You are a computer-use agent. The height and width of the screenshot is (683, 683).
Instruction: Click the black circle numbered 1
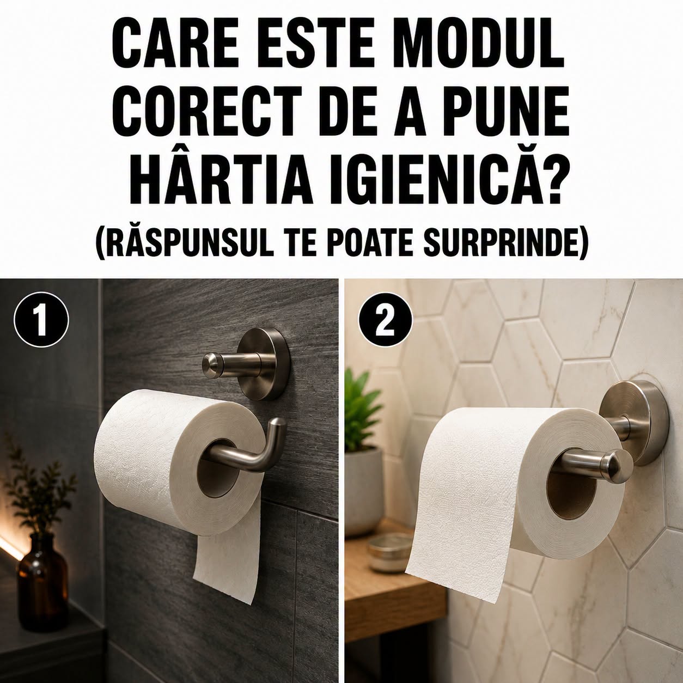click(41, 319)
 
